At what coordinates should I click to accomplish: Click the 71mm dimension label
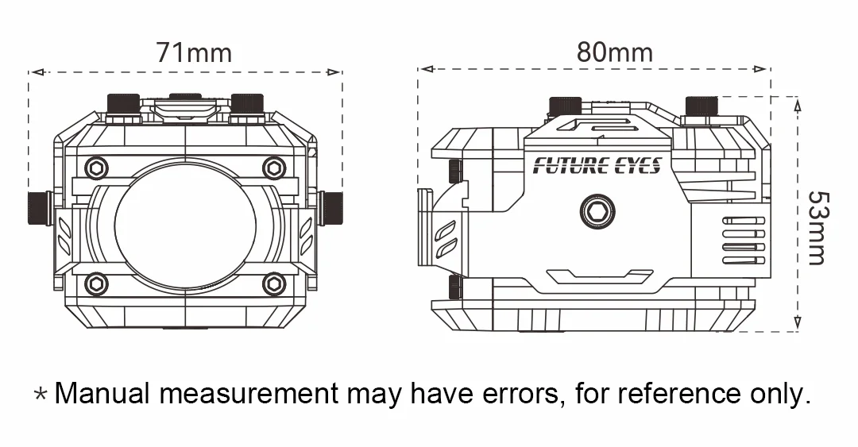click(x=194, y=53)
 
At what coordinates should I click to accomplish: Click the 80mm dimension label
click(x=614, y=52)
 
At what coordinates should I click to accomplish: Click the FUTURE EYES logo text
click(x=597, y=166)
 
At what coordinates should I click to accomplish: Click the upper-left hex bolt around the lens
click(x=96, y=168)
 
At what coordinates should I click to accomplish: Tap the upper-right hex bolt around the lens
click(x=274, y=168)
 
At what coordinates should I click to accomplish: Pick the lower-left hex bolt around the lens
click(x=96, y=283)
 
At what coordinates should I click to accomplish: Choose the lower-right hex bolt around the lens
click(x=274, y=283)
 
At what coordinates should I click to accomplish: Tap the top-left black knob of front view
click(x=123, y=104)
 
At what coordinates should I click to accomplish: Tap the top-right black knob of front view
click(x=247, y=104)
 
